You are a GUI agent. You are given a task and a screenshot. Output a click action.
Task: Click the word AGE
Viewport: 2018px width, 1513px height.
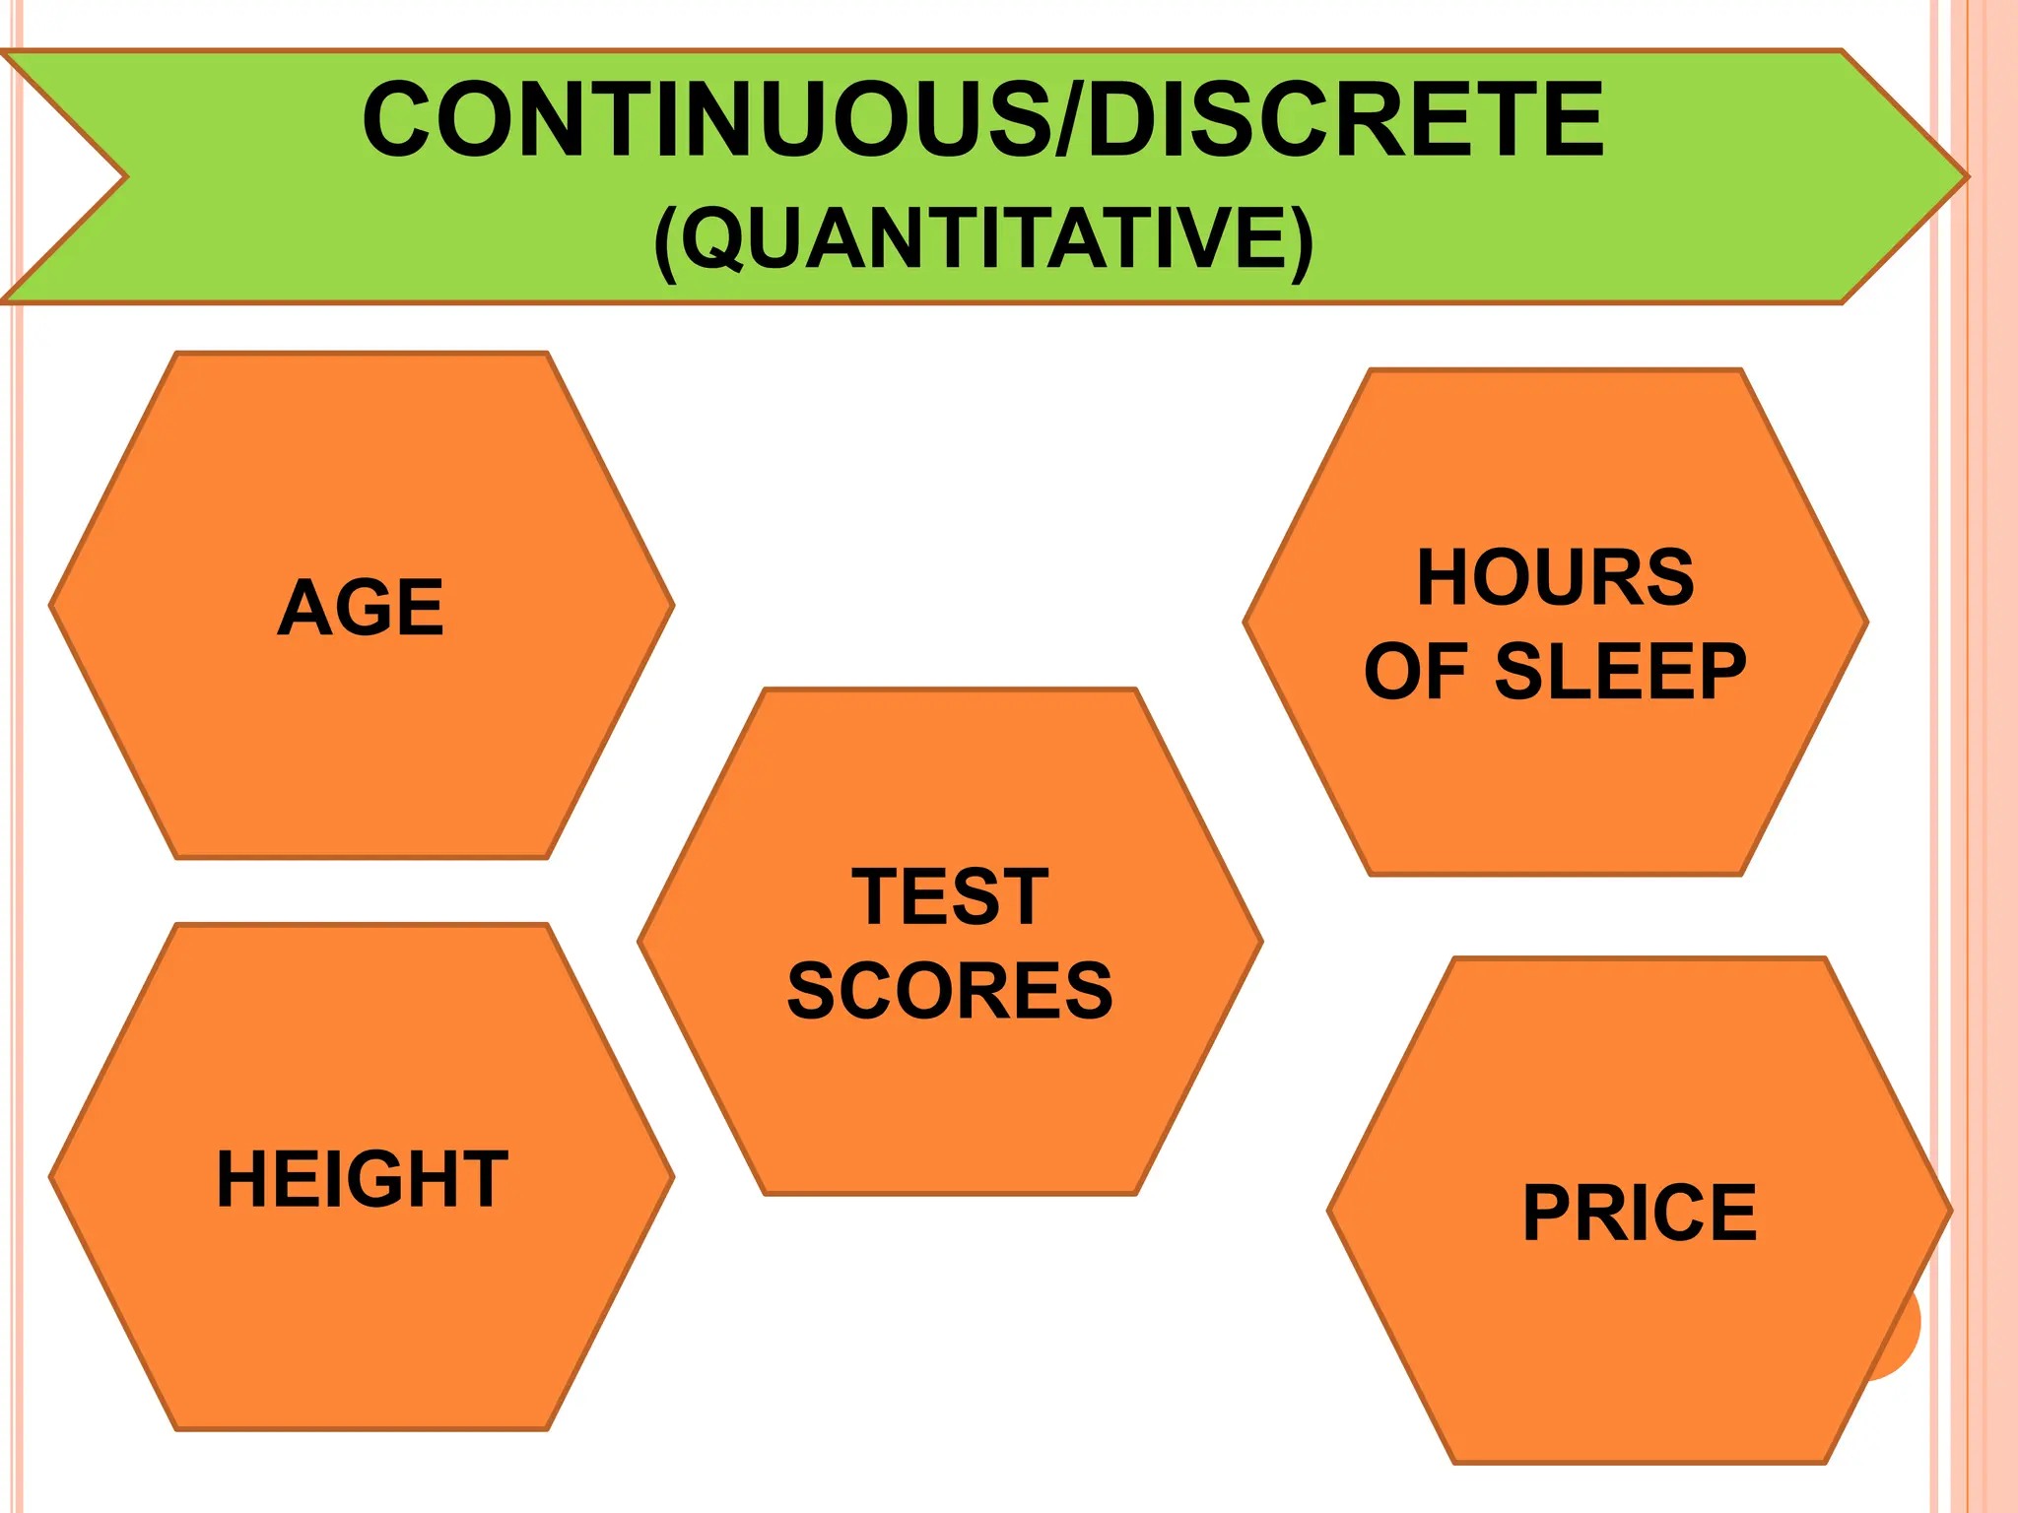point(361,607)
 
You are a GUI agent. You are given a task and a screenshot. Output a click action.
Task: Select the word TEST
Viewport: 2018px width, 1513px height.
point(950,896)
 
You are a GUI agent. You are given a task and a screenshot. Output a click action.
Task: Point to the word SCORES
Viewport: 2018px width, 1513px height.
point(950,991)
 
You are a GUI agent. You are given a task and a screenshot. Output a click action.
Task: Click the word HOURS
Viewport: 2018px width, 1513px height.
point(1555,577)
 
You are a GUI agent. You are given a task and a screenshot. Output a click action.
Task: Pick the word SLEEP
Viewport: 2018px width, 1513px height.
point(1620,672)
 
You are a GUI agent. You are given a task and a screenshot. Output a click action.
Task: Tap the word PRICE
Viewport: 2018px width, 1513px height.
point(1640,1213)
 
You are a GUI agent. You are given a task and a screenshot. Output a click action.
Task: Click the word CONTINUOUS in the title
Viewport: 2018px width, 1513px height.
point(706,120)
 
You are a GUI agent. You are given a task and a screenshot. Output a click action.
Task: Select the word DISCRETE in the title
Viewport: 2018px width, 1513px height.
point(1346,120)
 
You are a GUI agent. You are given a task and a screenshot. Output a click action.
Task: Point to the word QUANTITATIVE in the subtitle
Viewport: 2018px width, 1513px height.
point(983,238)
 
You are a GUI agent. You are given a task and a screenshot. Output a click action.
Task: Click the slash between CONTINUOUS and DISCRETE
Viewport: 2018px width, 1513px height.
point(1070,120)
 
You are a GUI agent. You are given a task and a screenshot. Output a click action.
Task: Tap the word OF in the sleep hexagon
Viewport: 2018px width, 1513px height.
point(1415,672)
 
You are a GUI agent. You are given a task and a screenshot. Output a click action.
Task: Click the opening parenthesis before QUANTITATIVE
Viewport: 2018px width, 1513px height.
point(666,240)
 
